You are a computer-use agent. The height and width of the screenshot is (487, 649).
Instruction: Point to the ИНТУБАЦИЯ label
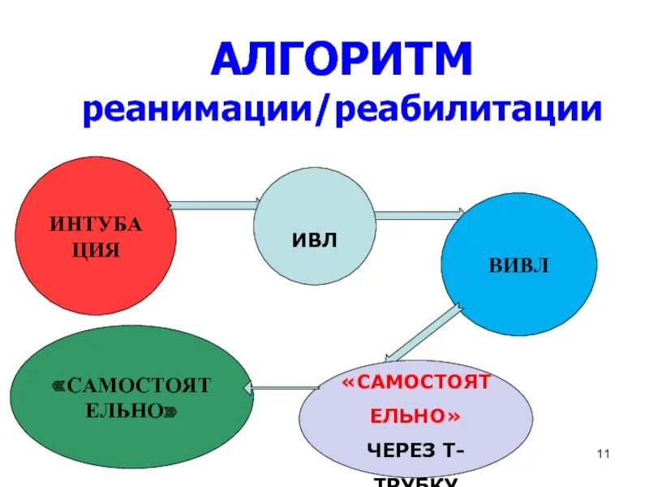click(96, 236)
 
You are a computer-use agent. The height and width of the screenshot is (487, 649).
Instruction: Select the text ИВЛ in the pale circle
click(314, 239)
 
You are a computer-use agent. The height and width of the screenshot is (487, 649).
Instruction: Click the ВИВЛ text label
click(518, 265)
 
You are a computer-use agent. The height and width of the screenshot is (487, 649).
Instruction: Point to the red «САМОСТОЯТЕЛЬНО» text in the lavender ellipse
click(416, 399)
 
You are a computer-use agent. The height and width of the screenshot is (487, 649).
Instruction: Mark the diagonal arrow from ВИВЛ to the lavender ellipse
click(423, 331)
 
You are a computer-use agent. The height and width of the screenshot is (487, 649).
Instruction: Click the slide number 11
click(602, 454)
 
